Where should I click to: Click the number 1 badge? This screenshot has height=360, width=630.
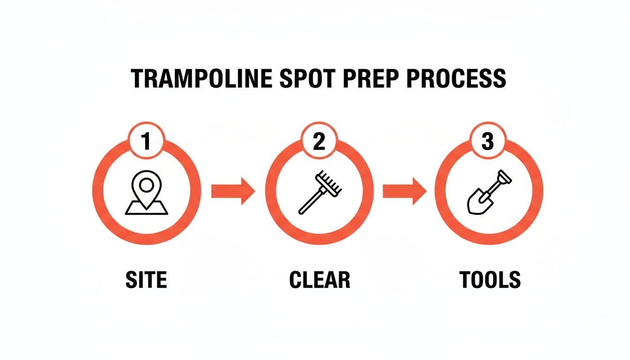147,141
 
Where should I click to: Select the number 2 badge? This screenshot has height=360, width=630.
319,141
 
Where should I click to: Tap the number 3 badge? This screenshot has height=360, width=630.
488,141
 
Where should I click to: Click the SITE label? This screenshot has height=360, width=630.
146,280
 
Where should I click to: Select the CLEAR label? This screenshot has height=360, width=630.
320,280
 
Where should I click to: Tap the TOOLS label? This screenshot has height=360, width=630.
490,280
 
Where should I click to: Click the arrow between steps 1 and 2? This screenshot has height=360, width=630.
233,191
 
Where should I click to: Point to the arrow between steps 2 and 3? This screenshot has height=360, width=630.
405,191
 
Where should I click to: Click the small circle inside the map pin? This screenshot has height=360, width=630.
147,186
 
